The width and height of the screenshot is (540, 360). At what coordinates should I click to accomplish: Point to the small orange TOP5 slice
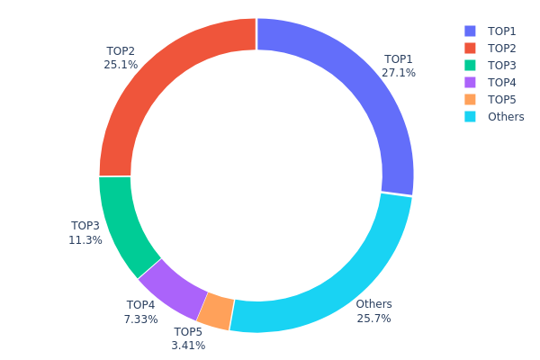(215, 310)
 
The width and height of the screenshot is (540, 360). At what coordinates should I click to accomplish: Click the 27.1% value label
(399, 73)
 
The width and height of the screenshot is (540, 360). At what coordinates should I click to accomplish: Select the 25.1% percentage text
(121, 65)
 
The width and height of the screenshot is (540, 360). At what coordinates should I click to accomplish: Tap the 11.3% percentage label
(85, 240)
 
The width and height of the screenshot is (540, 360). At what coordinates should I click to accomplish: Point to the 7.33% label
(140, 319)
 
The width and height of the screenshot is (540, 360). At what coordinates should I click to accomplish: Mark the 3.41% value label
(188, 346)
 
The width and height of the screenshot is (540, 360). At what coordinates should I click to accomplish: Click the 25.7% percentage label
(373, 319)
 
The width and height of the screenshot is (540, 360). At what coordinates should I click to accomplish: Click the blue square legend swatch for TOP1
(470, 31)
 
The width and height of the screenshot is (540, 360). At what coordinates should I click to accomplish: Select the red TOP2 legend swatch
(470, 49)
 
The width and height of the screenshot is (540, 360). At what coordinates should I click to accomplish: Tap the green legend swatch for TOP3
(470, 66)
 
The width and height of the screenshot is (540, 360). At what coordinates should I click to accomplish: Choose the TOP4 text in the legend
(502, 83)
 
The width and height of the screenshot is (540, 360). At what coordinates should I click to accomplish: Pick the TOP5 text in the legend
(502, 100)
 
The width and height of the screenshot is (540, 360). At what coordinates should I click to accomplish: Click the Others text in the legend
(506, 117)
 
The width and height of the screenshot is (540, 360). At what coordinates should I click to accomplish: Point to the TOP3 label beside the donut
(85, 226)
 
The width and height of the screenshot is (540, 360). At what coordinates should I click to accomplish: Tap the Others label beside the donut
(373, 304)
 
